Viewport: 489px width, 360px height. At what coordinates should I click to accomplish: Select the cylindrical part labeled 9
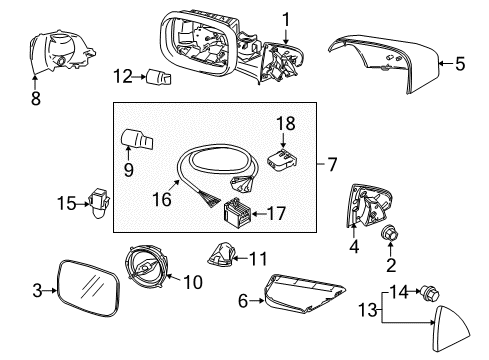coord(133,140)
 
